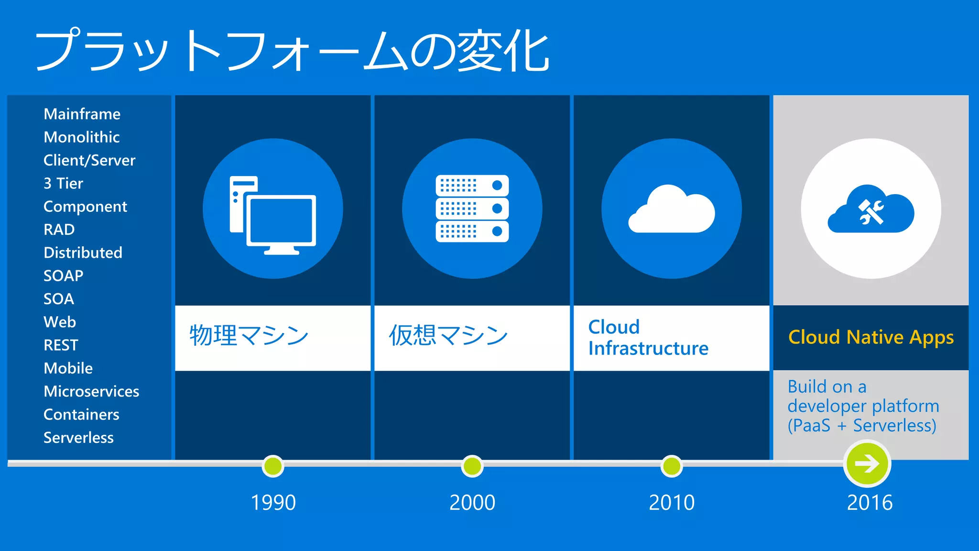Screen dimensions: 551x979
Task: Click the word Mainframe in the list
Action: click(82, 114)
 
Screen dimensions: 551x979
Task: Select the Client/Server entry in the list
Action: click(89, 160)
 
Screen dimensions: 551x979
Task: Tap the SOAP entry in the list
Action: click(63, 275)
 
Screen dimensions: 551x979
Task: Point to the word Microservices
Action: click(91, 391)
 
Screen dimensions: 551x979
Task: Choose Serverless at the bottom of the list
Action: click(78, 438)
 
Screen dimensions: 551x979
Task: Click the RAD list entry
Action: click(59, 230)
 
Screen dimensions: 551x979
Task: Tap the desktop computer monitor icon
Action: click(273, 215)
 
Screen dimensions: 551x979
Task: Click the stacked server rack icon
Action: click(472, 209)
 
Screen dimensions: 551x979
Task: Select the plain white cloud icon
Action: click(671, 210)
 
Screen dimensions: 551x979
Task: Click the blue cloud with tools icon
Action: click(870, 210)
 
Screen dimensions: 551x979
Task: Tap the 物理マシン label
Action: click(249, 335)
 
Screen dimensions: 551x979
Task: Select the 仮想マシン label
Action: click(448, 335)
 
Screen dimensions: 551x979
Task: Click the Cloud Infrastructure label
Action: click(648, 338)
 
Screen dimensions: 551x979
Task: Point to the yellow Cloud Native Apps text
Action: click(870, 337)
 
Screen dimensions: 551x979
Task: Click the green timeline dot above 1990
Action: click(273, 466)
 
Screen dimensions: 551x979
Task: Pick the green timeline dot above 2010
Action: click(671, 466)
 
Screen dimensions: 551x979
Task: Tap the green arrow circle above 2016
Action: click(867, 463)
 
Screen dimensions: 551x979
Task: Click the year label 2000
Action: click(472, 503)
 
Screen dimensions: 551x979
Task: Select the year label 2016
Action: click(870, 503)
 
